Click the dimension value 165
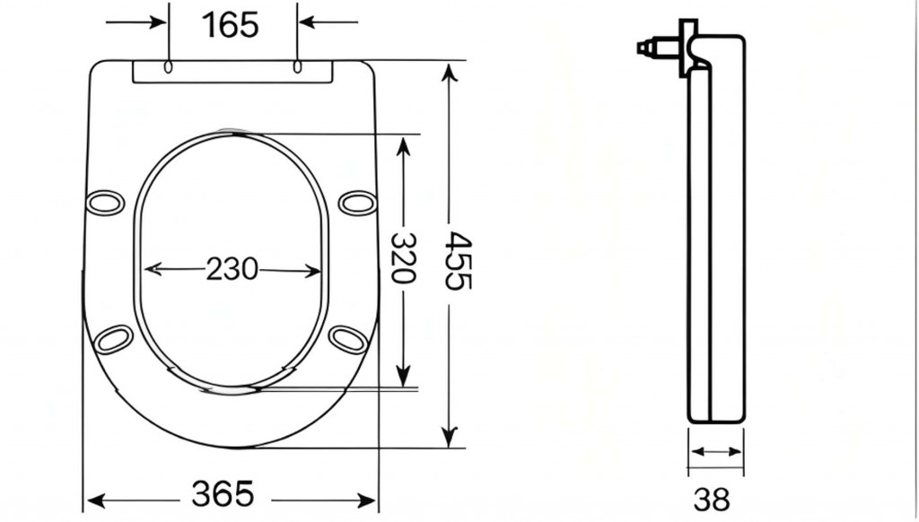230,25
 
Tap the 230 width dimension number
232,269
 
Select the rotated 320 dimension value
403,257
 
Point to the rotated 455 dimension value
459,261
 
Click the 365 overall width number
223,494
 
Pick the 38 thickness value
712,500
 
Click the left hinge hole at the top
168,66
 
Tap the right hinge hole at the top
297,66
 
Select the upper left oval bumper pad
106,203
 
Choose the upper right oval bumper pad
357,204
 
